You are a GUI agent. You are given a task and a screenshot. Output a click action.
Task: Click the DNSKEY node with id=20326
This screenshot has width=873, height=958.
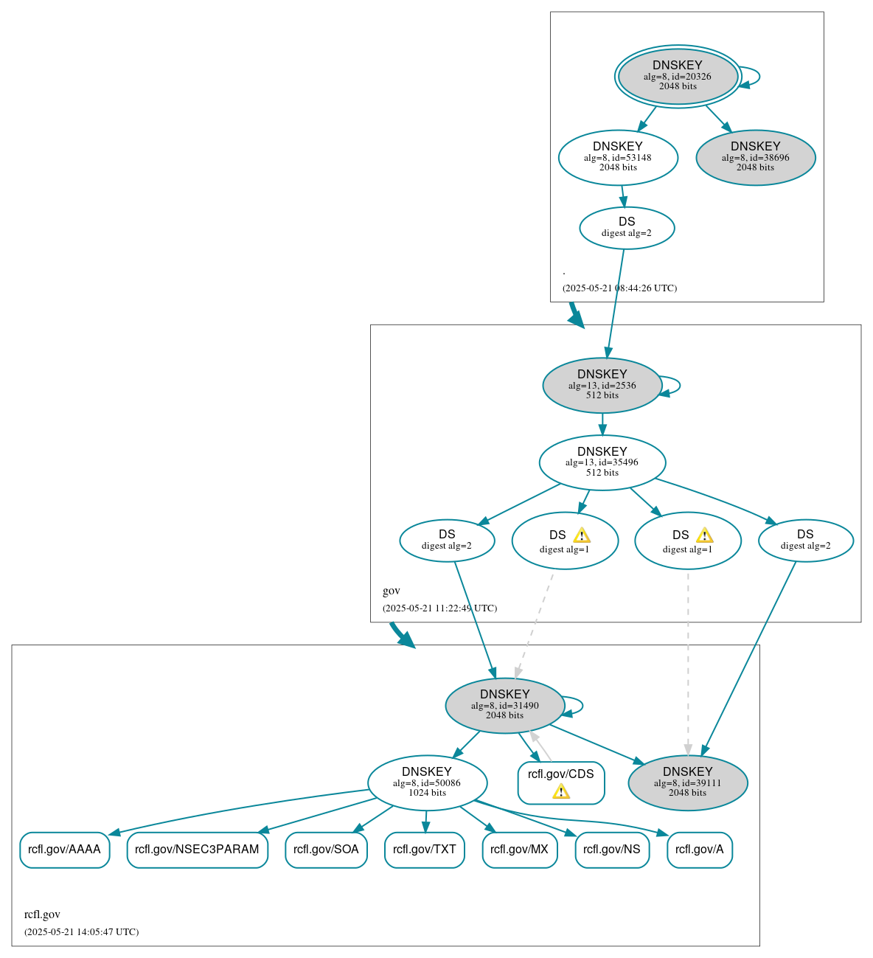click(x=678, y=77)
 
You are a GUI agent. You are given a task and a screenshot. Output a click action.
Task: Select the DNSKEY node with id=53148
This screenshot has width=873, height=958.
click(x=618, y=157)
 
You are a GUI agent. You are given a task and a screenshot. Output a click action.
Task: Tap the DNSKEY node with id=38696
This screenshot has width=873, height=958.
click(x=755, y=157)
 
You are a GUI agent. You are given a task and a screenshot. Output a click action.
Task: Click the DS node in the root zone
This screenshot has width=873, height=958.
click(x=627, y=228)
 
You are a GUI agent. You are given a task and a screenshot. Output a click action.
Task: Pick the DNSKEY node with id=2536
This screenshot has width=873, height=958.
click(x=602, y=385)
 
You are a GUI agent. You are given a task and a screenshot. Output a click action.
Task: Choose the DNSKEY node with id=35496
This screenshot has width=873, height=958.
click(x=602, y=462)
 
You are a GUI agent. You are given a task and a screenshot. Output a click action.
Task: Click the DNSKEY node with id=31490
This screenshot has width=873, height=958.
click(x=504, y=706)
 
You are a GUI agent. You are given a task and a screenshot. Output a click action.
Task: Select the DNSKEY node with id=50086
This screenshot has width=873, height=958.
click(x=427, y=782)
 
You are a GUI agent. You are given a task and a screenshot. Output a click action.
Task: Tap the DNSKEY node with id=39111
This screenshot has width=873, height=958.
click(x=687, y=782)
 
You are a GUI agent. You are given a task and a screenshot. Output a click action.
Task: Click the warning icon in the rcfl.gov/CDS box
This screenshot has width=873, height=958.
click(x=561, y=791)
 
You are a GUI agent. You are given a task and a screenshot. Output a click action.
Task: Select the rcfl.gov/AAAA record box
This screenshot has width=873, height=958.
click(x=64, y=850)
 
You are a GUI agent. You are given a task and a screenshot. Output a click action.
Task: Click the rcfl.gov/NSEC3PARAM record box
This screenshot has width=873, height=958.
click(x=197, y=850)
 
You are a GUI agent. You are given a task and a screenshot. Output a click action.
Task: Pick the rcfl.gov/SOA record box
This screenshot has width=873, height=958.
click(x=326, y=850)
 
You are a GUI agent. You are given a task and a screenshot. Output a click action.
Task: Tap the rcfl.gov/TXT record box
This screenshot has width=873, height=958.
click(x=424, y=850)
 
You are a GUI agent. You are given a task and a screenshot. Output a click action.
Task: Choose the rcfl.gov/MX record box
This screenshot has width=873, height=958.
click(x=519, y=850)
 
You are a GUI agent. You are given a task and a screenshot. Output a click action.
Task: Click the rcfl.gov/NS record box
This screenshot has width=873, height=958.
click(x=611, y=850)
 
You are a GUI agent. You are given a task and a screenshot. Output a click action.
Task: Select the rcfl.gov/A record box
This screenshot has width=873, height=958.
click(x=699, y=850)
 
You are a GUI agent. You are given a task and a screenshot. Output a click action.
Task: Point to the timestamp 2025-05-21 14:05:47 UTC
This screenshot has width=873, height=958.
click(x=81, y=932)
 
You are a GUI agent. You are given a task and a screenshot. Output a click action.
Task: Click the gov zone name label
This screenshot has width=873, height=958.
click(x=391, y=591)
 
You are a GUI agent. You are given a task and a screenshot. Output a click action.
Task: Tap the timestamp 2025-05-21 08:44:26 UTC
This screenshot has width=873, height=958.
click(x=619, y=288)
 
